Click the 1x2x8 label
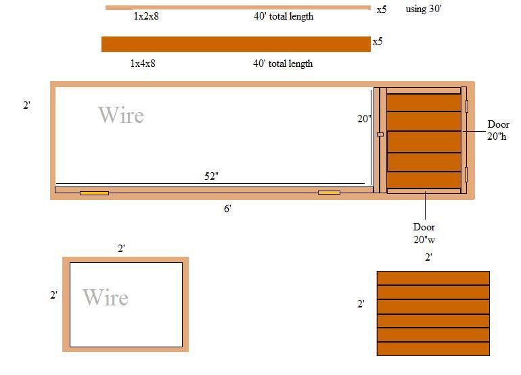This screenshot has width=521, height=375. click(146, 16)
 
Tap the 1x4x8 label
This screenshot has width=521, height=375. click(143, 63)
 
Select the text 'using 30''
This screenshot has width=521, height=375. click(424, 9)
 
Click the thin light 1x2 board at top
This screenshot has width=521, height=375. click(238, 7)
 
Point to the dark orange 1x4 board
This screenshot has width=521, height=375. click(236, 44)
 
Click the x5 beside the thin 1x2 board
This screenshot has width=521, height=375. click(382, 9)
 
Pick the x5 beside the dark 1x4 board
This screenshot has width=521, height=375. click(378, 41)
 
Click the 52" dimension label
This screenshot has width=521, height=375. click(211, 176)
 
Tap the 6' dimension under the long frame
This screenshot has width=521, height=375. click(227, 208)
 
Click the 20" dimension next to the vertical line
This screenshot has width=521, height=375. click(364, 118)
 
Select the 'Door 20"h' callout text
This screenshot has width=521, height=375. click(498, 130)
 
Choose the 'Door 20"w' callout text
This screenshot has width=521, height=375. click(424, 233)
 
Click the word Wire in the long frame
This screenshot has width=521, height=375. click(121, 115)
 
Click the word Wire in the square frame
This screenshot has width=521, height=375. click(106, 297)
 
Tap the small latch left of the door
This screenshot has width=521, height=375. click(380, 134)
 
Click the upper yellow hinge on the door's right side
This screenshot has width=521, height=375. click(466, 106)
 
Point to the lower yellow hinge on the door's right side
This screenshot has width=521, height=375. click(466, 174)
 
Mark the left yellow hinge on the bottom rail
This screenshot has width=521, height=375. click(94, 193)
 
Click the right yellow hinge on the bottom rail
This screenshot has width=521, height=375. click(329, 193)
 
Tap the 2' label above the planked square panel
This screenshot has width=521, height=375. click(428, 257)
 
